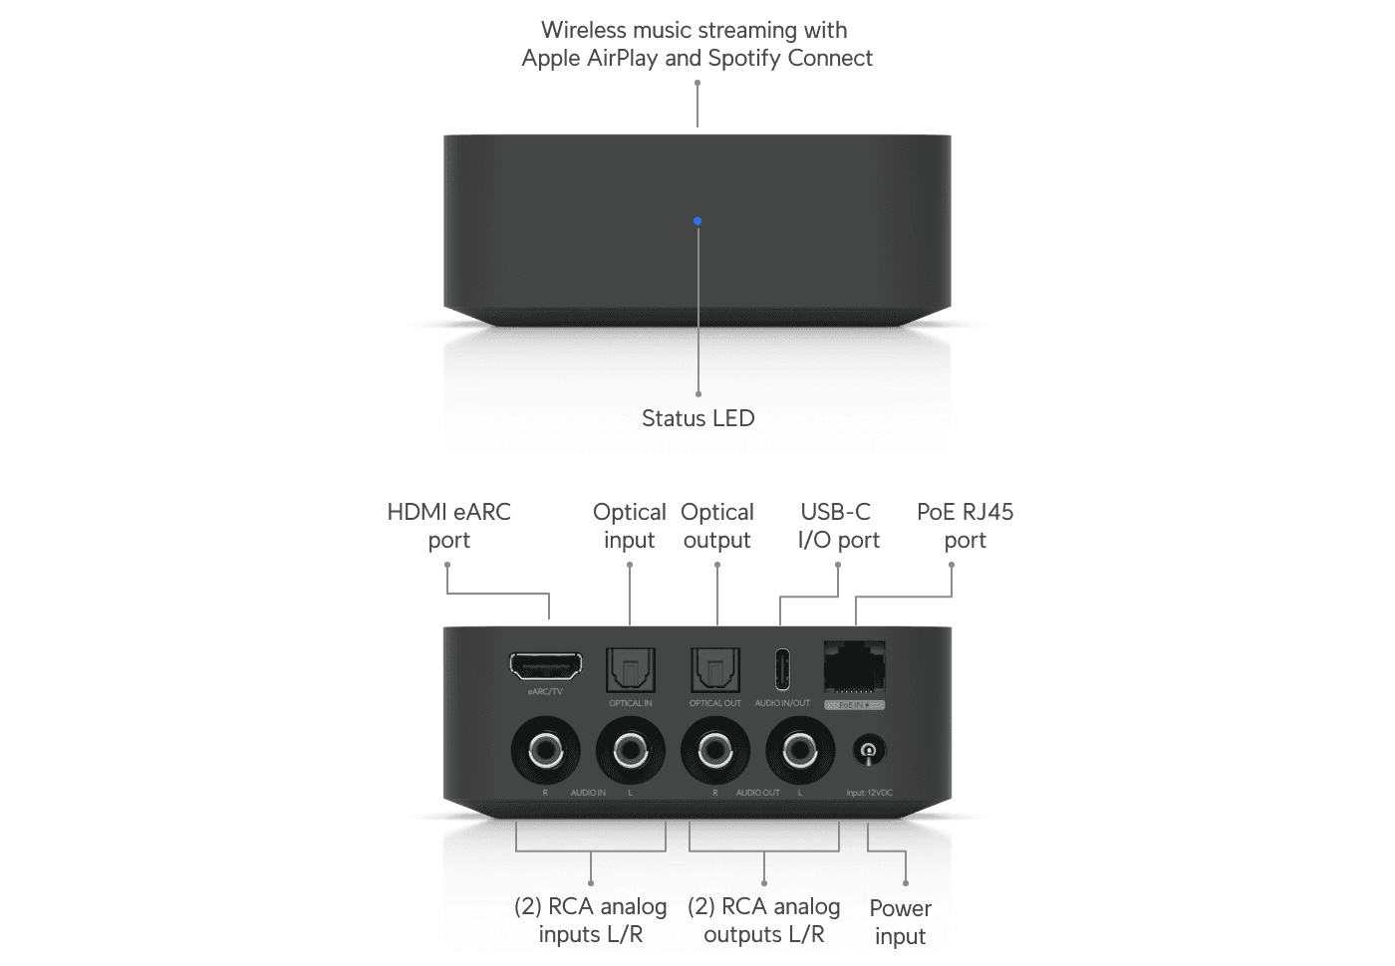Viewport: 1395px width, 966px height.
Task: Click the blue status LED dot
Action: (697, 221)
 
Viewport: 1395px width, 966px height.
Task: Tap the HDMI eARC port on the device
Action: (546, 666)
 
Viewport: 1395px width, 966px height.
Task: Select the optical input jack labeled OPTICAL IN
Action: (631, 670)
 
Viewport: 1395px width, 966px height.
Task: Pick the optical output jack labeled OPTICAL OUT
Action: (715, 670)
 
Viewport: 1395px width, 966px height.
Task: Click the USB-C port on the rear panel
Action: (782, 669)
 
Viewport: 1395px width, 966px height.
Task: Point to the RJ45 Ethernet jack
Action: (855, 665)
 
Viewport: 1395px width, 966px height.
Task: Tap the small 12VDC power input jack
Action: (869, 751)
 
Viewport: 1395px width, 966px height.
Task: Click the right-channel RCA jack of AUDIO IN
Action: (545, 750)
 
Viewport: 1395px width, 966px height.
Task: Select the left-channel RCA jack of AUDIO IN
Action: (631, 750)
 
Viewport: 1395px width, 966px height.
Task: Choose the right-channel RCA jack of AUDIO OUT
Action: (715, 750)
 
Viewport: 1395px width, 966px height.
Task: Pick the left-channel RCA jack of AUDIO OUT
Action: (800, 750)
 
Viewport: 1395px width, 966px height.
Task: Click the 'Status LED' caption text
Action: (697, 418)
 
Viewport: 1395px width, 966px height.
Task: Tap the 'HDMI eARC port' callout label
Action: (449, 526)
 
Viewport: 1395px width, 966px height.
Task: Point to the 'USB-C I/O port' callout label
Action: (838, 526)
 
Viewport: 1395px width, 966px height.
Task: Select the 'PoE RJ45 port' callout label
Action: (965, 526)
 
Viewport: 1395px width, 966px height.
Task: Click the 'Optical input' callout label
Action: (630, 526)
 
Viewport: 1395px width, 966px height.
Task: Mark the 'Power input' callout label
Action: (901, 922)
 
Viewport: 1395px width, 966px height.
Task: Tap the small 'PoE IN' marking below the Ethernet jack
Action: (854, 705)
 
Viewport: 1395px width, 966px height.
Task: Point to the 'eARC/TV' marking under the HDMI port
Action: (545, 691)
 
